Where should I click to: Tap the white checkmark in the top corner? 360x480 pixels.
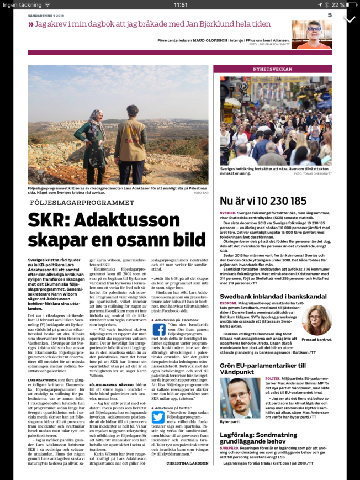[349, 19]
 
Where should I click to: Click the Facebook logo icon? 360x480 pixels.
[159, 330]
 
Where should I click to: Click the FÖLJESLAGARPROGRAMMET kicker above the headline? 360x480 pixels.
[82, 203]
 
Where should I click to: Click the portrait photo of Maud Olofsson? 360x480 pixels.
[311, 34]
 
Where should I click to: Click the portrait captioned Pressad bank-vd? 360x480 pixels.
[317, 321]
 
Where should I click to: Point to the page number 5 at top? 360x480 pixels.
[329, 15]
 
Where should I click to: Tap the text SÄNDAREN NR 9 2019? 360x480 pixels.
[46, 16]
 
